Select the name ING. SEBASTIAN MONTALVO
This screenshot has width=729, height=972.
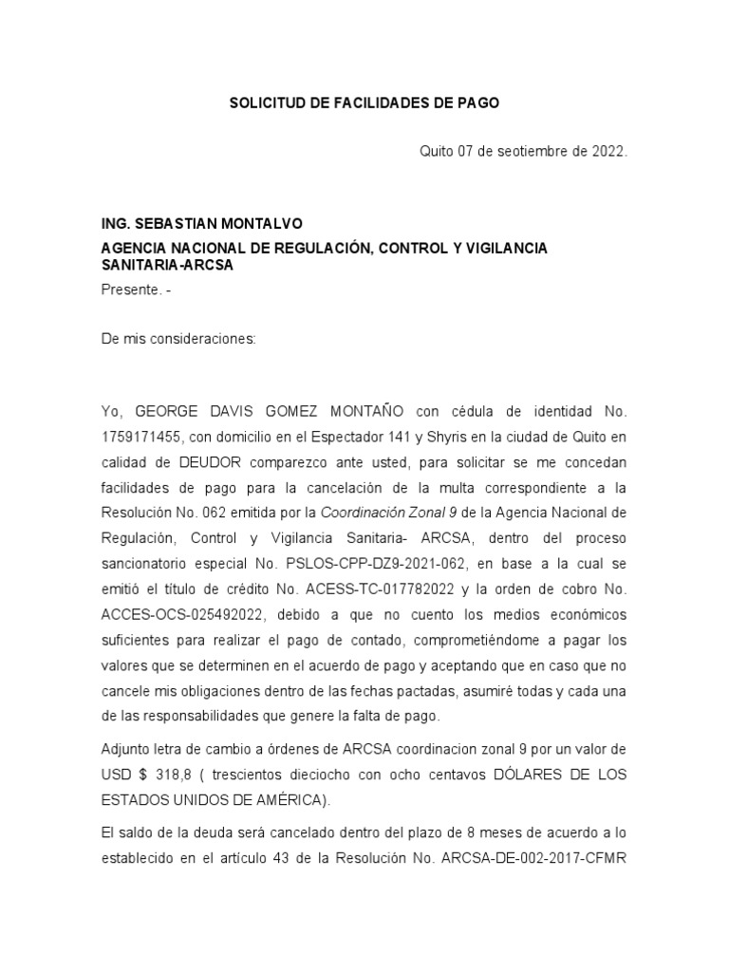click(x=201, y=224)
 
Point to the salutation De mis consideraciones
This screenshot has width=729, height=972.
click(x=178, y=338)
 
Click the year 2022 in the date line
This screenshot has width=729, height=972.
click(x=606, y=151)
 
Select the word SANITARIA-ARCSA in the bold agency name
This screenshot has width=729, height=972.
click(x=167, y=266)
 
